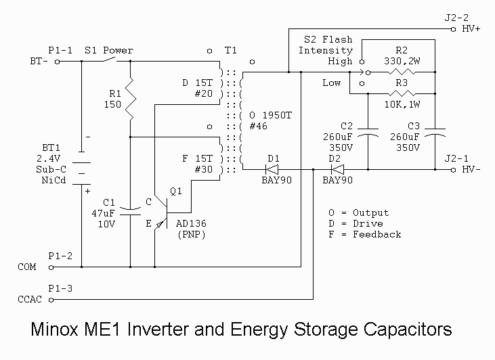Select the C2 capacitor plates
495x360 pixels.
click(368, 135)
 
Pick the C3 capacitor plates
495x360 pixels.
click(433, 135)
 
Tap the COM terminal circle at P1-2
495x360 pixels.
click(57, 267)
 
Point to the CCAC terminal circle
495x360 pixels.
click(57, 298)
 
